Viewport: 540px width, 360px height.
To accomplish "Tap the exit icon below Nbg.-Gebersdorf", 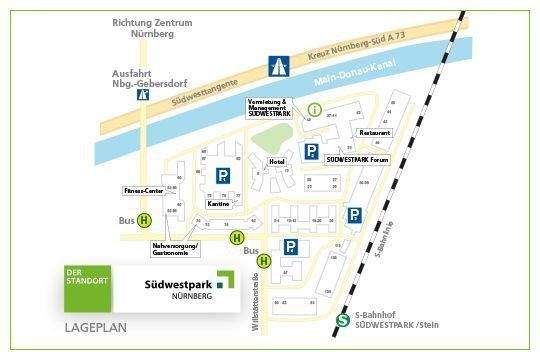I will [x=145, y=98].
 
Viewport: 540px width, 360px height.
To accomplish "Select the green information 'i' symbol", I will [x=316, y=109].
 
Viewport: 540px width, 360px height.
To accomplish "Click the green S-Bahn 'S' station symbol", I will [x=343, y=321].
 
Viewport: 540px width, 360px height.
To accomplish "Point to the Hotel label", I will [x=277, y=161].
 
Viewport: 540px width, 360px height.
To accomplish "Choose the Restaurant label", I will [x=375, y=132].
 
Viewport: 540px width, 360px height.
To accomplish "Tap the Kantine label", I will [x=220, y=204].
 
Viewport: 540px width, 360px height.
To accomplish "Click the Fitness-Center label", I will [x=143, y=189].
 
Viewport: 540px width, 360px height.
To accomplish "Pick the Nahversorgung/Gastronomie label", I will [x=175, y=248].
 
